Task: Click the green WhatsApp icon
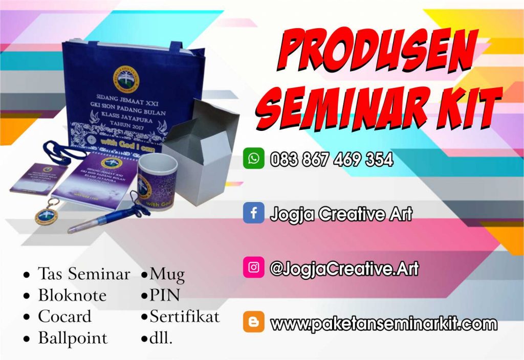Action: pyautogui.click(x=253, y=159)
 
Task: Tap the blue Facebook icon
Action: pyautogui.click(x=253, y=213)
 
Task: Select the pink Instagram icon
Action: pyautogui.click(x=253, y=267)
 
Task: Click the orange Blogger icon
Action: pyautogui.click(x=253, y=322)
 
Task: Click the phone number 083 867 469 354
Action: pyautogui.click(x=332, y=160)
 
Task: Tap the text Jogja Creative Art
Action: pyautogui.click(x=341, y=214)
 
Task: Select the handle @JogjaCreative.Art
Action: pyautogui.click(x=344, y=268)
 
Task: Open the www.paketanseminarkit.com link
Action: pyautogui.click(x=383, y=324)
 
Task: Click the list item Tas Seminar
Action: pyautogui.click(x=83, y=274)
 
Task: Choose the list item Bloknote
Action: pyautogui.click(x=72, y=296)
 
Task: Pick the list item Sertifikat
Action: pyautogui.click(x=184, y=317)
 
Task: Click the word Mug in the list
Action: pyautogui.click(x=167, y=275)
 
